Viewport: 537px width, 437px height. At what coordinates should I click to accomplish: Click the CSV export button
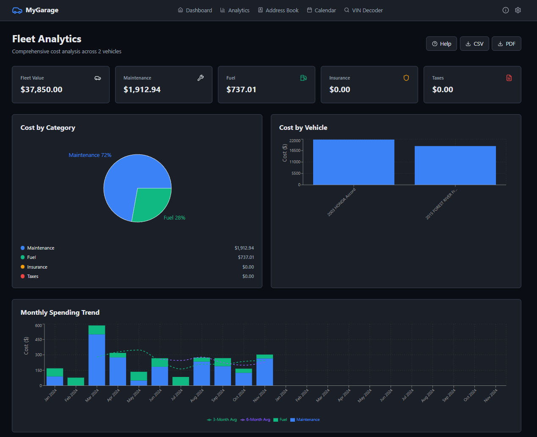pyautogui.click(x=474, y=44)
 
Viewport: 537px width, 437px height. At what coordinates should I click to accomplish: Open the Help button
pyautogui.click(x=441, y=44)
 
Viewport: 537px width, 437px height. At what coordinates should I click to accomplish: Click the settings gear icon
pyautogui.click(x=518, y=10)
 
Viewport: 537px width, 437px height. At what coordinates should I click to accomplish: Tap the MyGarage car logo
pyautogui.click(x=17, y=10)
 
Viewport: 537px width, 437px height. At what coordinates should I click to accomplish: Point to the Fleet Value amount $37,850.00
pyautogui.click(x=41, y=90)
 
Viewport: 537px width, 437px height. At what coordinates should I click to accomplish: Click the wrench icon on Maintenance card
pyautogui.click(x=201, y=78)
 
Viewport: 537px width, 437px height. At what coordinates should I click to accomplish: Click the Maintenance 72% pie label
pyautogui.click(x=90, y=155)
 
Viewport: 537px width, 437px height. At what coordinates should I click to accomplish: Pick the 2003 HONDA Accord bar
pyautogui.click(x=353, y=162)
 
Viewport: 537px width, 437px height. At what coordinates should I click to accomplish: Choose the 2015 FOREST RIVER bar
pyautogui.click(x=455, y=165)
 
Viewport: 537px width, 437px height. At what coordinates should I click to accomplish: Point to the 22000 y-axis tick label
pyautogui.click(x=295, y=140)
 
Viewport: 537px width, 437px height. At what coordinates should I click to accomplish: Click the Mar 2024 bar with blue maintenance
pyautogui.click(x=97, y=360)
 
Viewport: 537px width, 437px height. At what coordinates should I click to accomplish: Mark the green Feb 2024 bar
pyautogui.click(x=76, y=381)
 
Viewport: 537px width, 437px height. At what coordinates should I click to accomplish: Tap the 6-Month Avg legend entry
pyautogui.click(x=255, y=420)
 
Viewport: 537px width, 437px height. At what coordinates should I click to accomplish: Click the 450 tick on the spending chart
pyautogui.click(x=39, y=340)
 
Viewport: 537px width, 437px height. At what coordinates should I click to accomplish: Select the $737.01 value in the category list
pyautogui.click(x=246, y=257)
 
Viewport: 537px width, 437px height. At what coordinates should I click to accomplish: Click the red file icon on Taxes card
pyautogui.click(x=509, y=78)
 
